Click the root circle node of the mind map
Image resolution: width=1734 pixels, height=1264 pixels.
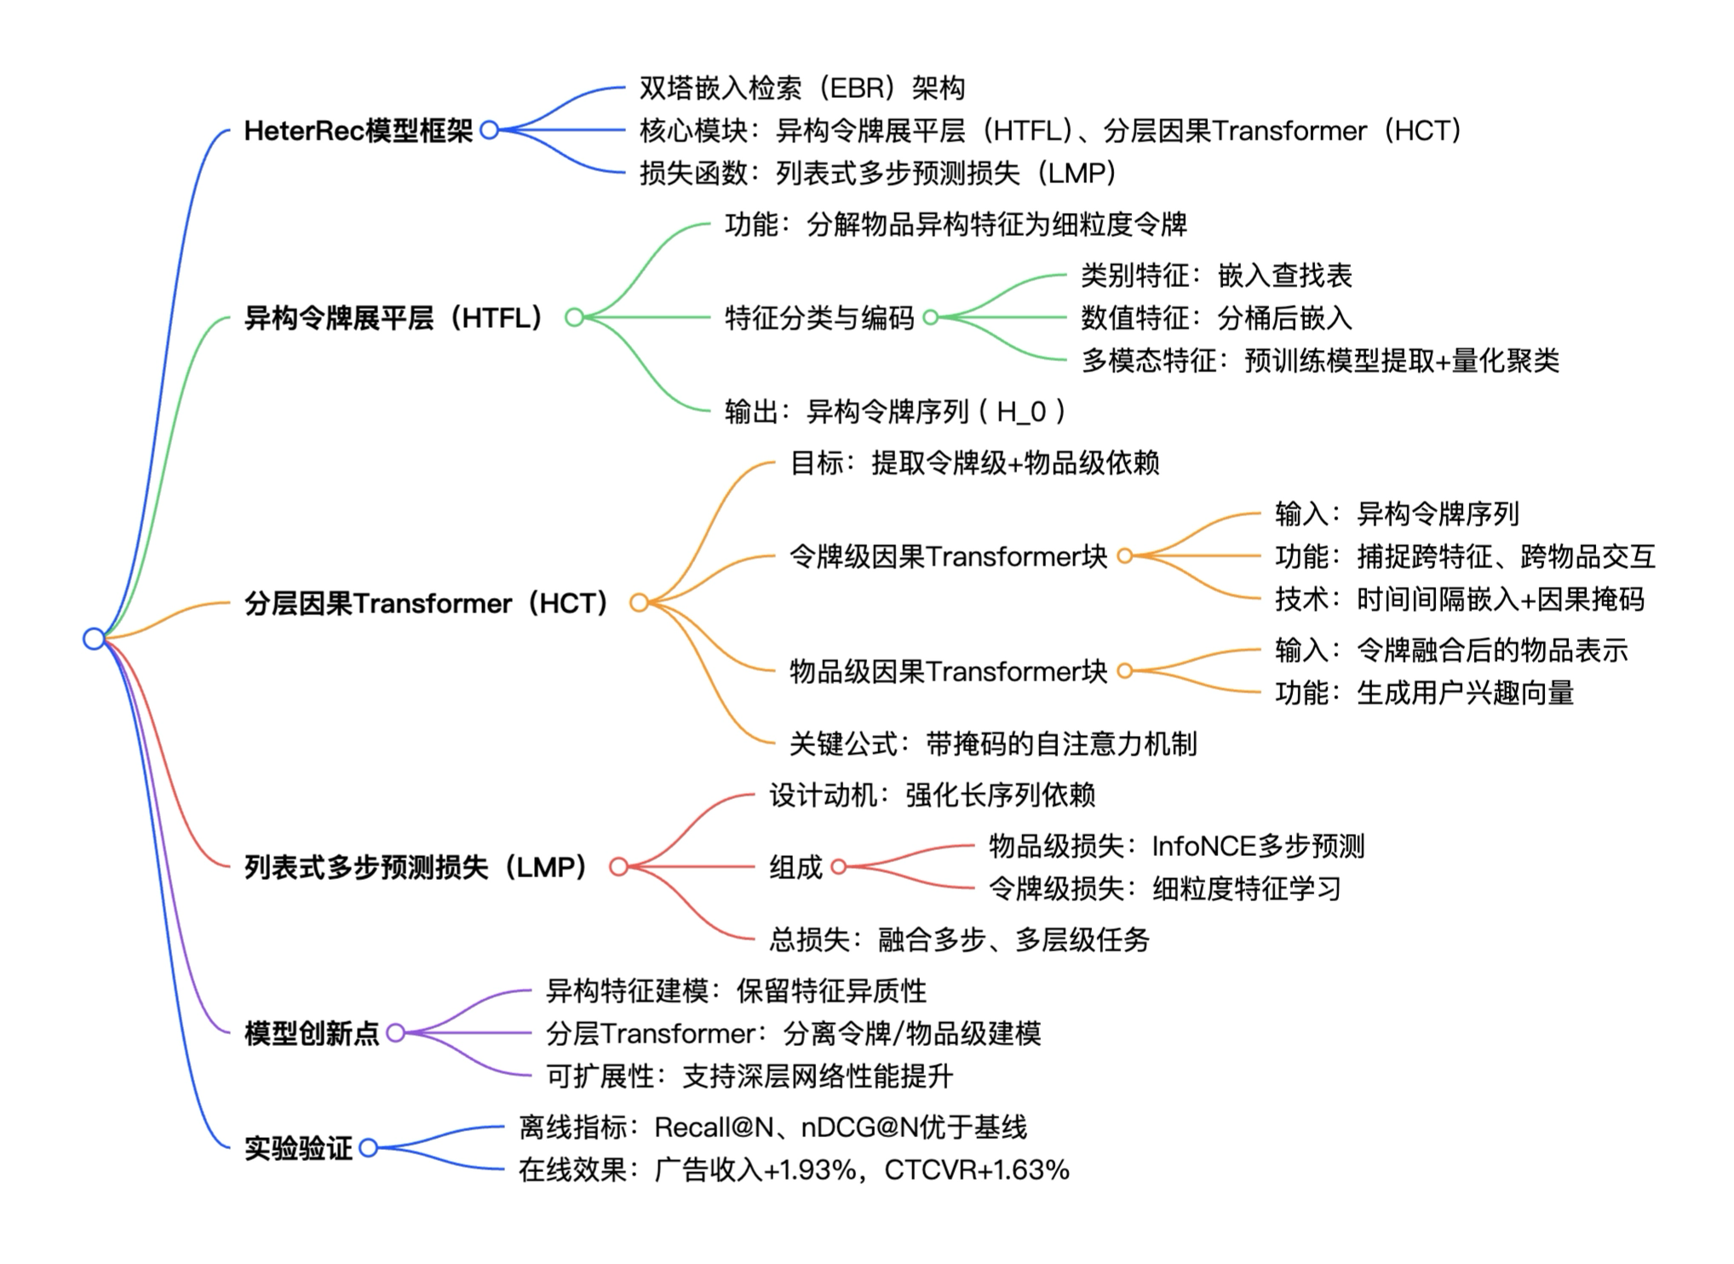[94, 638]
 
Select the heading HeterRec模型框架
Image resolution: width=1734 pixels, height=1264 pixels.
[358, 130]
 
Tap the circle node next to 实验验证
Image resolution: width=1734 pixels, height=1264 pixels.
[368, 1148]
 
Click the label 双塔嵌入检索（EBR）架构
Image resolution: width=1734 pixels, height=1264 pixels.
[801, 88]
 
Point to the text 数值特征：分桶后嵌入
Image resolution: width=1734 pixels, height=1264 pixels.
[1216, 318]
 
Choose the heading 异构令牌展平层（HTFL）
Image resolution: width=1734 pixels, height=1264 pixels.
[393, 318]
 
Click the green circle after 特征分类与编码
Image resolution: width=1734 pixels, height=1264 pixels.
[931, 318]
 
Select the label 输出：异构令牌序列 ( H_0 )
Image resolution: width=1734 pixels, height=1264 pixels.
[894, 411]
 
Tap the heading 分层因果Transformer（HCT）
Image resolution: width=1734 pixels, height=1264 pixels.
[426, 603]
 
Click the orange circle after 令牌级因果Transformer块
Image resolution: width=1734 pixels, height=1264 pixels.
[1125, 556]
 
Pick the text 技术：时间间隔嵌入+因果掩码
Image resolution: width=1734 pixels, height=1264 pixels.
[1459, 599]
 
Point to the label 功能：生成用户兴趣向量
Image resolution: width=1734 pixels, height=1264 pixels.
[1424, 692]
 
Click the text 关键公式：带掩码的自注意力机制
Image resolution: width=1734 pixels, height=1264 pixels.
[992, 744]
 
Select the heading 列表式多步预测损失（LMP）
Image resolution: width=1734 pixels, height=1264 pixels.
[416, 867]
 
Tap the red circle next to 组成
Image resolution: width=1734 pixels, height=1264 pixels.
[839, 867]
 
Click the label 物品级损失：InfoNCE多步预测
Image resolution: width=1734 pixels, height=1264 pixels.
[1176, 846]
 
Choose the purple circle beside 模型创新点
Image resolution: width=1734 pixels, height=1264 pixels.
[395, 1033]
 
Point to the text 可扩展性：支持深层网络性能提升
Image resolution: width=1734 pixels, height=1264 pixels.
[749, 1076]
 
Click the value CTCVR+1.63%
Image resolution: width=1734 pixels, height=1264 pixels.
[976, 1169]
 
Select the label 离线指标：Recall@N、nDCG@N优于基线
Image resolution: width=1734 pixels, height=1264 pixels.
[772, 1127]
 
